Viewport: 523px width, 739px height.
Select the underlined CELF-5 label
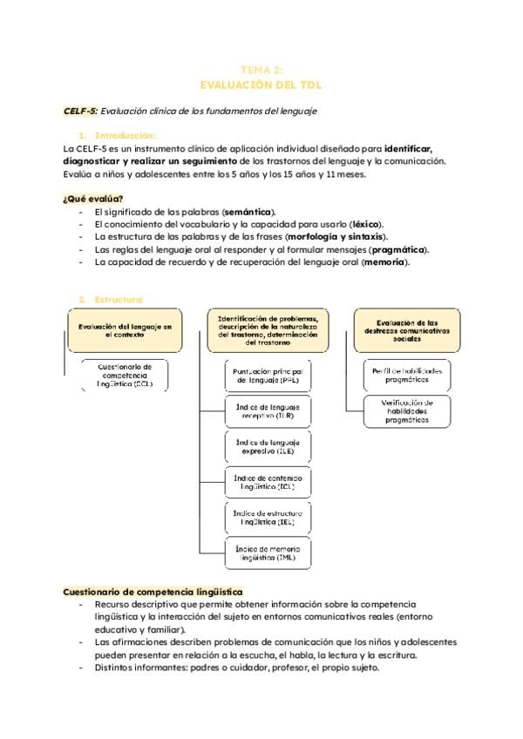click(x=80, y=111)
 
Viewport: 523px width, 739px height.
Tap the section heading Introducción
click(x=125, y=135)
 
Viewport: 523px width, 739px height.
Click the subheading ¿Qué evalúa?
click(x=93, y=199)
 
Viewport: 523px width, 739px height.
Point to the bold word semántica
click(x=248, y=212)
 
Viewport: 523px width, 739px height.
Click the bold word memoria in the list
click(x=384, y=261)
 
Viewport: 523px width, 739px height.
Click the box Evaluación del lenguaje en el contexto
click(x=125, y=329)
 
